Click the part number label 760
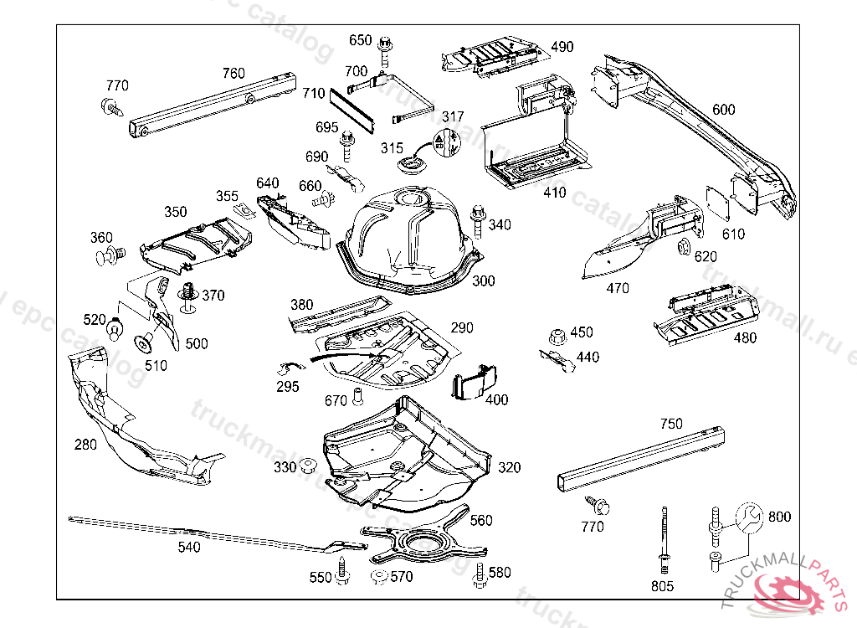point(233,73)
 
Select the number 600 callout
point(724,110)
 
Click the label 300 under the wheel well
point(484,281)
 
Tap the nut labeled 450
point(553,337)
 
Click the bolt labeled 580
point(480,574)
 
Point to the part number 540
point(189,548)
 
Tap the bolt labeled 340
point(479,217)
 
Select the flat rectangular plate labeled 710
point(350,107)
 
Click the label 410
point(554,193)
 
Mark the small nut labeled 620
point(683,246)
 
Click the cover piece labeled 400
point(474,383)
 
